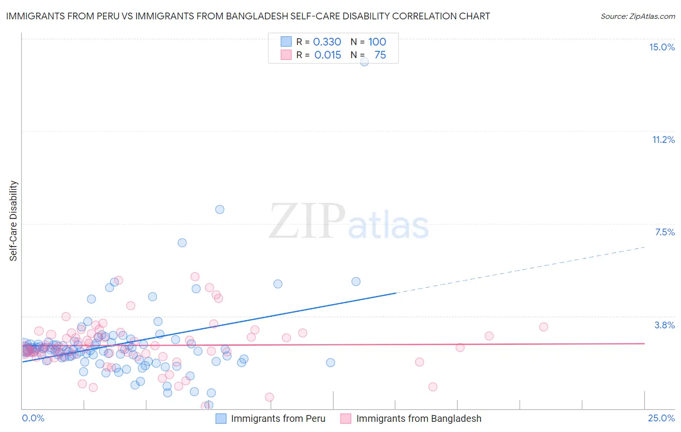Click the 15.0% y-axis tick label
pyautogui.click(x=662, y=47)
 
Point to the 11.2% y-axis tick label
pyautogui.click(x=663, y=139)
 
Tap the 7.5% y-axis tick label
pyautogui.click(x=665, y=232)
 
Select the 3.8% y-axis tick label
pyautogui.click(x=665, y=325)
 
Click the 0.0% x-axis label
pyautogui.click(x=33, y=418)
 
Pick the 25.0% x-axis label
pyautogui.click(x=661, y=418)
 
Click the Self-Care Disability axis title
pyautogui.click(x=13, y=221)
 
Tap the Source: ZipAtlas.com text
pyautogui.click(x=637, y=16)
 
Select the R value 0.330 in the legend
pyautogui.click(x=327, y=42)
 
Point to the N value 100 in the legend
pyautogui.click(x=377, y=42)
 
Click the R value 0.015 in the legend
pyautogui.click(x=327, y=55)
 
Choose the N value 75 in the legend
pyautogui.click(x=380, y=55)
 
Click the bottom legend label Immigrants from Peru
pyautogui.click(x=278, y=418)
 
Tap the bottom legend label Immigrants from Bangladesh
pyautogui.click(x=418, y=418)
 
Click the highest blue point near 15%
pyautogui.click(x=364, y=62)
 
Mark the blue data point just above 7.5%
pyautogui.click(x=219, y=209)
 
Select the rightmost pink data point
pyautogui.click(x=543, y=327)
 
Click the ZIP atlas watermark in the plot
pyautogui.click(x=349, y=222)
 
